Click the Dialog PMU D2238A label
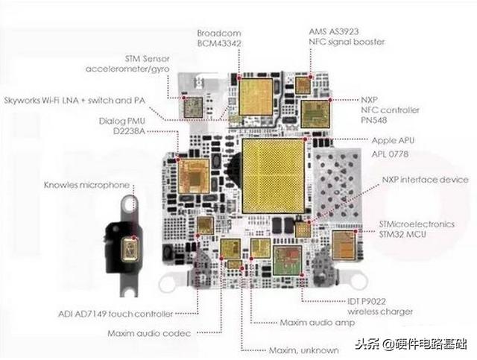pyautogui.click(x=131, y=125)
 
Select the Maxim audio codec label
pyautogui.click(x=149, y=332)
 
